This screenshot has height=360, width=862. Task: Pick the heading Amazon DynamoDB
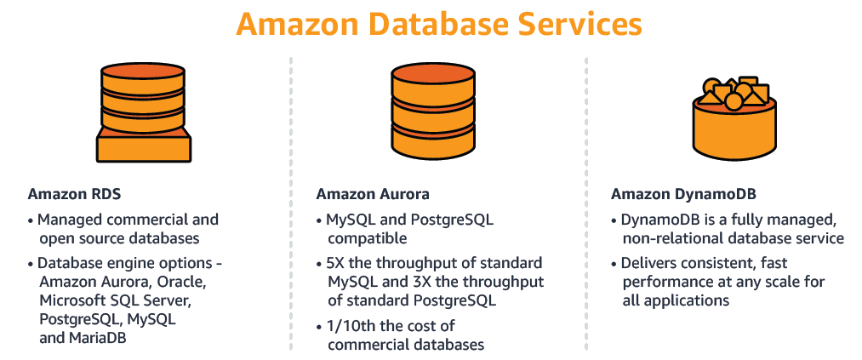pyautogui.click(x=676, y=193)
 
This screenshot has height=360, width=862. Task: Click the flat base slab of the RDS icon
pyautogui.click(x=143, y=148)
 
